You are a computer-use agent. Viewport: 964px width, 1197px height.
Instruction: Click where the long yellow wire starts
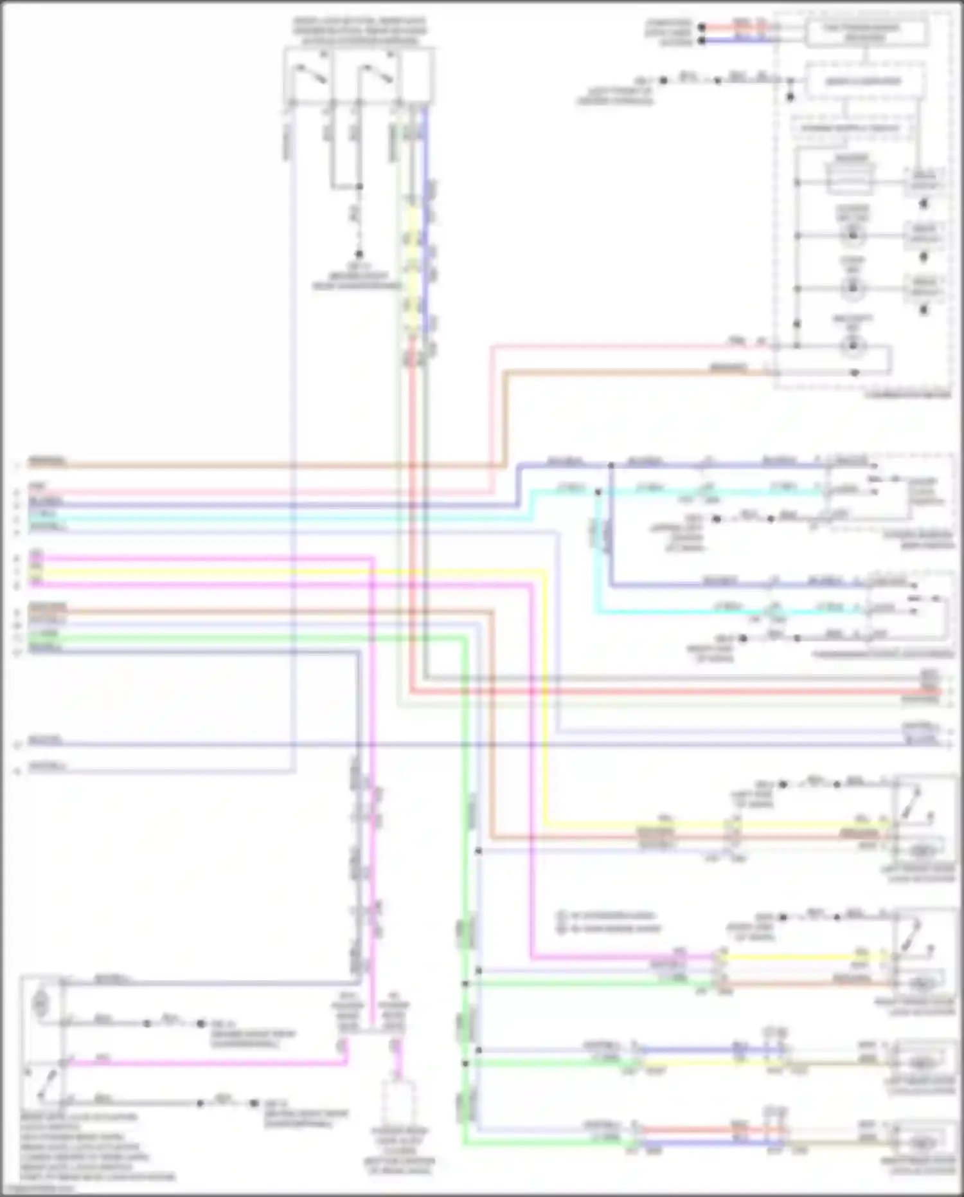tap(31, 571)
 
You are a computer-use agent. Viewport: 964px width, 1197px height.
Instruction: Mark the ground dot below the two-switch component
tap(359, 254)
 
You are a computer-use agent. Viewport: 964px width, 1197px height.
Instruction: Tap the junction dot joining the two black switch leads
tap(359, 187)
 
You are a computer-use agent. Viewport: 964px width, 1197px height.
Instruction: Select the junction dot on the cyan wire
tap(598, 492)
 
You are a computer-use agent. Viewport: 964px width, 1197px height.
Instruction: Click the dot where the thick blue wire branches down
tap(611, 464)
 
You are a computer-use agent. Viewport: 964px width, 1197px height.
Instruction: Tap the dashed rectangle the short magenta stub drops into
tap(399, 1103)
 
